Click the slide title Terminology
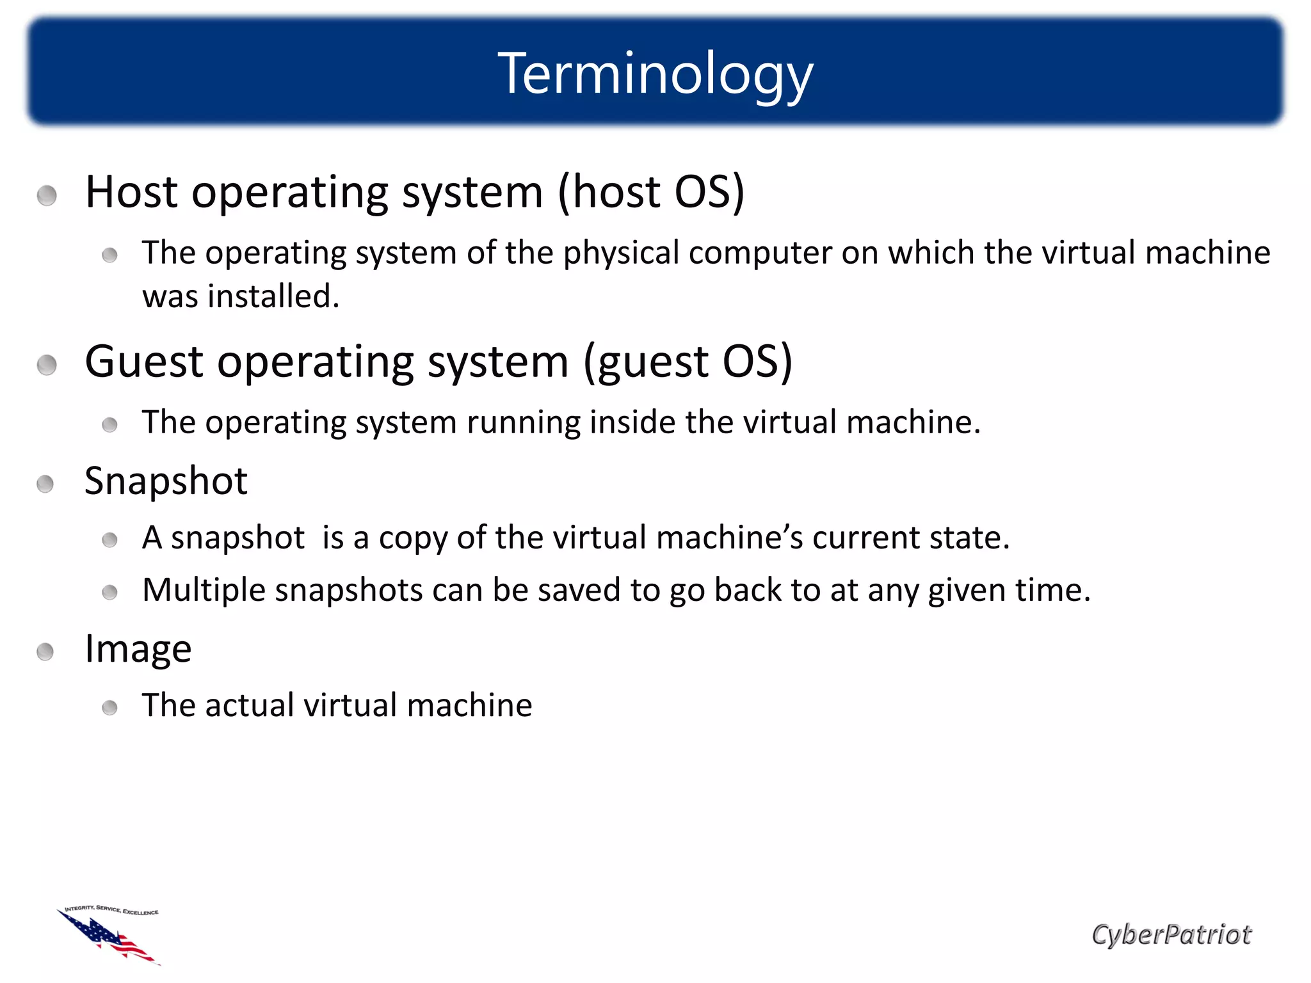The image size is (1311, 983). (x=655, y=74)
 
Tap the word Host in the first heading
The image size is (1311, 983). (x=131, y=192)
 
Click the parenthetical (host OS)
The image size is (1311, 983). (x=651, y=192)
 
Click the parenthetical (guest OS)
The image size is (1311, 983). (x=688, y=362)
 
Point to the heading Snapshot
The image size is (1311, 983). (x=166, y=481)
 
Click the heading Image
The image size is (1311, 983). (x=138, y=649)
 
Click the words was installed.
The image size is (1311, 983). (x=241, y=296)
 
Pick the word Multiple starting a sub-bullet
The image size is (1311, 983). (x=203, y=590)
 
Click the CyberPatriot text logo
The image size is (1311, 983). (x=1171, y=934)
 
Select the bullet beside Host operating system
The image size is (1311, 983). (x=47, y=196)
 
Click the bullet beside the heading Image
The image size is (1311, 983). (x=45, y=652)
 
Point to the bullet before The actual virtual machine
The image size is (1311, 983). (x=109, y=708)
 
